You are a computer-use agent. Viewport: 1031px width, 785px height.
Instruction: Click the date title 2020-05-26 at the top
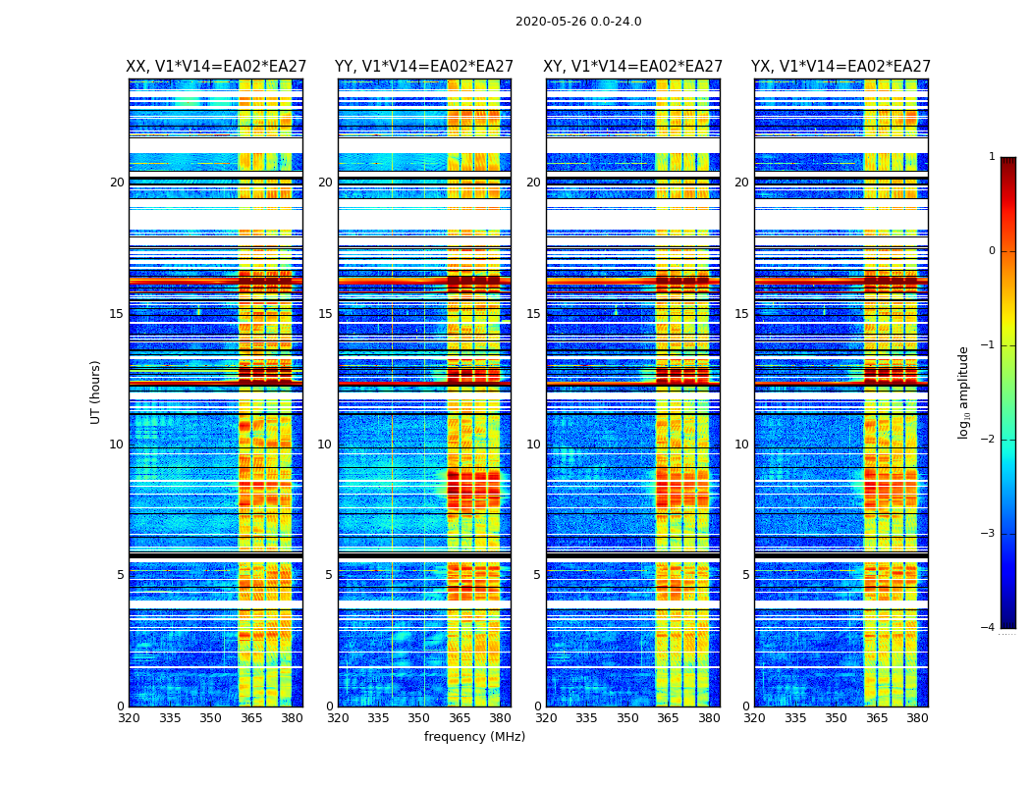pyautogui.click(x=578, y=22)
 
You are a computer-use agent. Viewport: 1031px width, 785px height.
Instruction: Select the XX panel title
pyautogui.click(x=215, y=67)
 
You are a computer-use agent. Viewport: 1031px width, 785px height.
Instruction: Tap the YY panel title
pyautogui.click(x=424, y=67)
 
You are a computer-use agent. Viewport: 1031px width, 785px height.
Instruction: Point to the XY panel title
pyautogui.click(x=633, y=67)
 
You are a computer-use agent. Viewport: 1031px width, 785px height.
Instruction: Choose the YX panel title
pyautogui.click(x=841, y=67)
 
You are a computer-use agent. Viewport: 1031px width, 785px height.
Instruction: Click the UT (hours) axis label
pyautogui.click(x=95, y=392)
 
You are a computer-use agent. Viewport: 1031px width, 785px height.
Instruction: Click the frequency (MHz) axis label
pyautogui.click(x=474, y=737)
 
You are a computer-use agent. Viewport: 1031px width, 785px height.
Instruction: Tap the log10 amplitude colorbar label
pyautogui.click(x=964, y=392)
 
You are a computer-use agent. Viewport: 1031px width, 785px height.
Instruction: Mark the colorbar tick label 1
pyautogui.click(x=991, y=157)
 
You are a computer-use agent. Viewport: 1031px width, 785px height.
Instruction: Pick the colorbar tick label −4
pyautogui.click(x=989, y=628)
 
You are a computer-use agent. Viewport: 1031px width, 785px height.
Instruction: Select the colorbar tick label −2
pyautogui.click(x=989, y=440)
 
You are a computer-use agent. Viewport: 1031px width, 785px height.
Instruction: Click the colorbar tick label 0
pyautogui.click(x=991, y=251)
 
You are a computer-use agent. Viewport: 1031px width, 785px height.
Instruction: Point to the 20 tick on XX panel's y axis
pyautogui.click(x=117, y=183)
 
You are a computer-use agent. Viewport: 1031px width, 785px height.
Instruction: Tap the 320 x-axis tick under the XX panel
pyautogui.click(x=129, y=718)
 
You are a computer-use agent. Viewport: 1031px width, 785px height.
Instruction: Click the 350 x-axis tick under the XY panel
pyautogui.click(x=627, y=718)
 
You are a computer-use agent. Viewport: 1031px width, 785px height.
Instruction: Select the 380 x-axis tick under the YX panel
pyautogui.click(x=917, y=718)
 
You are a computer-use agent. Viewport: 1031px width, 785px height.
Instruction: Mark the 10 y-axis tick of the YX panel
pyautogui.click(x=741, y=445)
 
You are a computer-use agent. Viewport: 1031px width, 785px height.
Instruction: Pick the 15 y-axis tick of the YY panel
pyautogui.click(x=325, y=314)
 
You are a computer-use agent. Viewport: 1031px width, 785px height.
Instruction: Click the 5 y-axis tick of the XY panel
pyautogui.click(x=537, y=575)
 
